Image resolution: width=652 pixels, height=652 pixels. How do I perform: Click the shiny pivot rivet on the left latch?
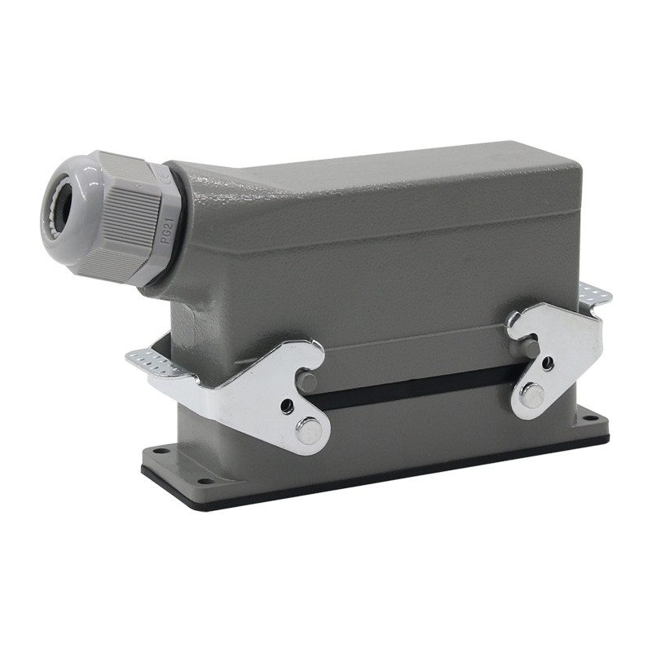click(309, 430)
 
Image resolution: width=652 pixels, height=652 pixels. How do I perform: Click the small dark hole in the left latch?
click(287, 404)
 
